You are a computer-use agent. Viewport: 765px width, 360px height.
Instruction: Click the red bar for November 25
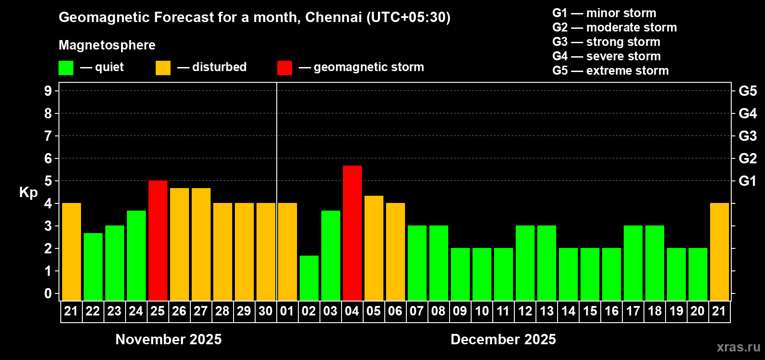[158, 241]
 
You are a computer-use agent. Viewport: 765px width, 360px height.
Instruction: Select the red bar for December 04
[352, 233]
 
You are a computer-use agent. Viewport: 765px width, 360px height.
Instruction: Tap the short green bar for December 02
[309, 278]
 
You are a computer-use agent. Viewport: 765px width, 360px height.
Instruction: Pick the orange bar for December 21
[720, 252]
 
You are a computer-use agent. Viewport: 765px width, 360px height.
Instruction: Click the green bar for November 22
[93, 267]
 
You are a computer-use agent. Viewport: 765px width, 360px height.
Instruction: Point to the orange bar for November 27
[201, 244]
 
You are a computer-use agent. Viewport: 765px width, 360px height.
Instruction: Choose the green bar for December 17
[633, 263]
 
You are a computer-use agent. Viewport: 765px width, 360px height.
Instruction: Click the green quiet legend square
[66, 68]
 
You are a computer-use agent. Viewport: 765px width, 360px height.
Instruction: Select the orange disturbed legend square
[163, 68]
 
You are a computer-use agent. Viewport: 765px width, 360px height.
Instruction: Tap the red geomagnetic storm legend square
[284, 68]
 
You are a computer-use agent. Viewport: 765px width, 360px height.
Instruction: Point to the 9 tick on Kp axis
[48, 91]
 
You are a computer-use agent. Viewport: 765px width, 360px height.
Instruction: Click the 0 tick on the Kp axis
[48, 293]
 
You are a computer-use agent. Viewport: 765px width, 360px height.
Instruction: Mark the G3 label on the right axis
[747, 136]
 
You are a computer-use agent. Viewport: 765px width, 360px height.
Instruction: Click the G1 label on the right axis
[747, 181]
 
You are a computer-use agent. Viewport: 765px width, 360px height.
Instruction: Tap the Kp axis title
[28, 193]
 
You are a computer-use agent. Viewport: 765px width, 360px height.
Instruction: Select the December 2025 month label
[503, 339]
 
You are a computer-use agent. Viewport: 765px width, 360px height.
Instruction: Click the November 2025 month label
[168, 339]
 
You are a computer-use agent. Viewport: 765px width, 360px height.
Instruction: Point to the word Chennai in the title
[333, 17]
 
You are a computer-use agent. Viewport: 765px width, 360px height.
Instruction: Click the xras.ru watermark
[738, 347]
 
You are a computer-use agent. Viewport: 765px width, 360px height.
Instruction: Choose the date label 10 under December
[481, 311]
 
